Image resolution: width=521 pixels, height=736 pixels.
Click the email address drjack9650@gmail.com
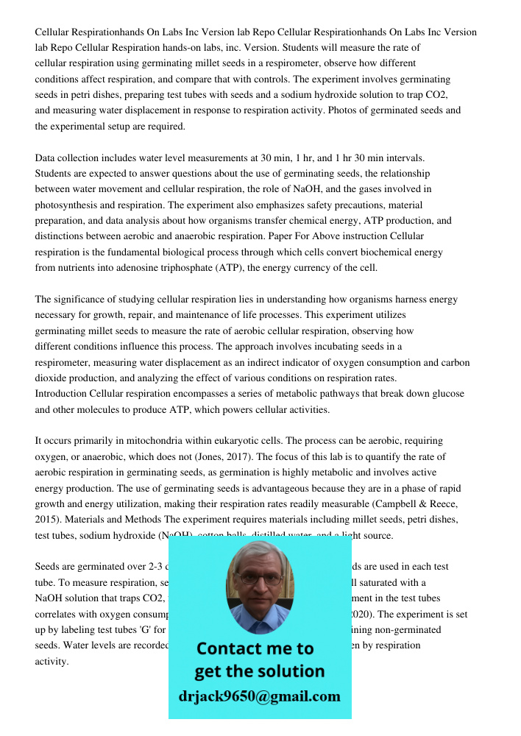(x=259, y=696)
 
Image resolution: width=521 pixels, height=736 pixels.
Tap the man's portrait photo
(x=259, y=587)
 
